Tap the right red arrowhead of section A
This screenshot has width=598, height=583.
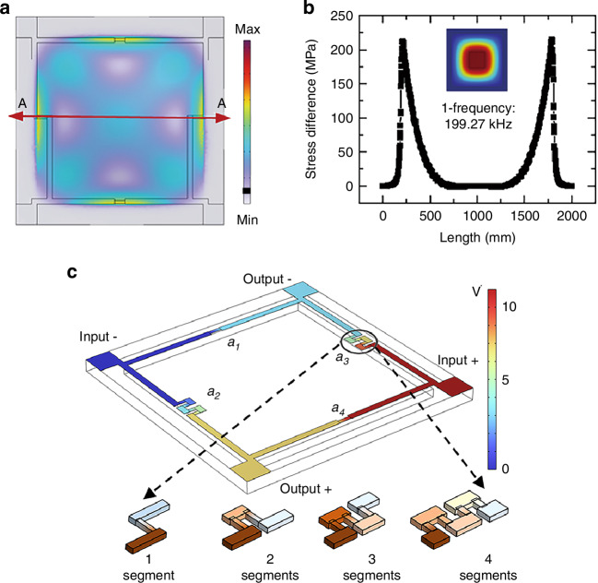[x=223, y=117]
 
